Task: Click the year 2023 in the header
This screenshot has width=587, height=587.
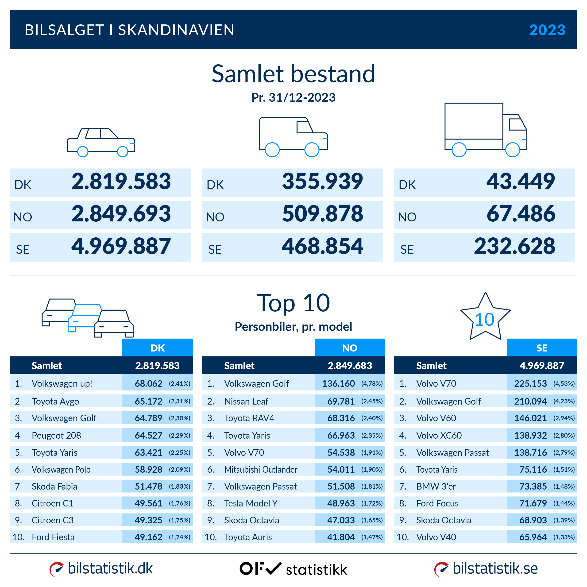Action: pos(547,30)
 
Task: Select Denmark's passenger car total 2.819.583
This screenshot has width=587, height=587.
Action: pos(121,182)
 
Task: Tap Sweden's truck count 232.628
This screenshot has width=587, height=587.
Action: pos(514,246)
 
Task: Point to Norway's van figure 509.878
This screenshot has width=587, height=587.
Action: pos(322,214)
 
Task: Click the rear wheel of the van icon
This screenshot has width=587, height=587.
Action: pos(272,150)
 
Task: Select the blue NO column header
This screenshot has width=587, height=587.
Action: pos(349,348)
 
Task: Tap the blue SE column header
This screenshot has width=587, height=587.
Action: pos(542,348)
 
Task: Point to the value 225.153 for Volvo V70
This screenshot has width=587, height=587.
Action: pos(530,383)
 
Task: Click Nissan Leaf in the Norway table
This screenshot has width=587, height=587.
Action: pos(246,401)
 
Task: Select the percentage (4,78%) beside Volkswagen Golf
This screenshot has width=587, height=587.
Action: pos(372,383)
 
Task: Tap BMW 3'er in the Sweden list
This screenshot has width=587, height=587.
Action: pos(436,487)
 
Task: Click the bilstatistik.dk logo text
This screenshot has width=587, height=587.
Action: pos(110,568)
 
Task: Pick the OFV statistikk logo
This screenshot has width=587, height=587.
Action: pos(293,569)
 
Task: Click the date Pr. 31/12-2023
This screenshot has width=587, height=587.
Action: pos(293,97)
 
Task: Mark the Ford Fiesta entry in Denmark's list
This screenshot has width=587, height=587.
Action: pos(53,537)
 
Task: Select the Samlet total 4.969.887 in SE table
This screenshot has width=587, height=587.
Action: pos(542,366)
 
